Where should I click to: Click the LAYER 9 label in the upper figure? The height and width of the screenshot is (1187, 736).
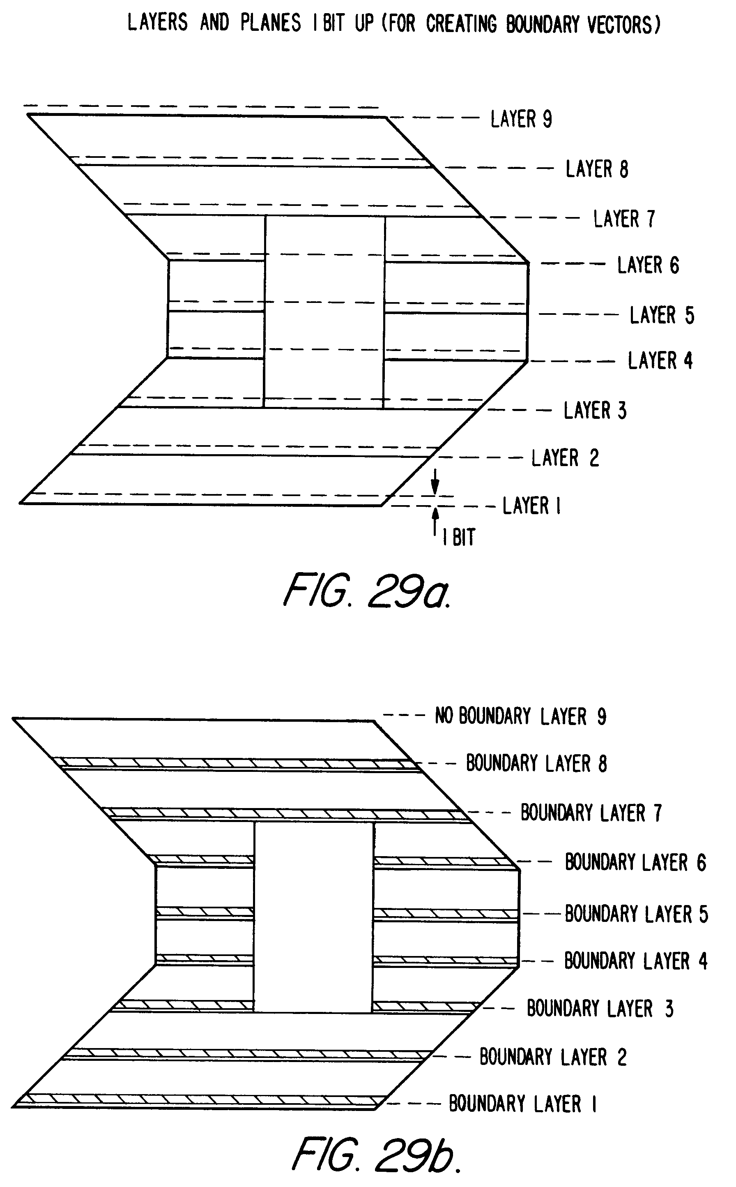pos(521,119)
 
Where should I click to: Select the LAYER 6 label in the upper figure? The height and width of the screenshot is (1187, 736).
pos(648,266)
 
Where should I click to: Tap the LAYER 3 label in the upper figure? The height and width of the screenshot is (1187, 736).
pos(595,411)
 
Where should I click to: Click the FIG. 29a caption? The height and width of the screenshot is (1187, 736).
pos(366,590)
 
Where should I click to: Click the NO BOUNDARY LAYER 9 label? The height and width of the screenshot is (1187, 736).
pos(520,716)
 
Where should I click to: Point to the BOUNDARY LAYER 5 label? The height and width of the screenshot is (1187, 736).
pos(636,914)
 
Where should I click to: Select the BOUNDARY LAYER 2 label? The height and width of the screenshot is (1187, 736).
pos(553,1057)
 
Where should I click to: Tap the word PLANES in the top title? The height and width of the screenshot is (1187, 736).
pos(271,23)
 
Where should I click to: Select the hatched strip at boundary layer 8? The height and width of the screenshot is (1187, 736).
pos(234,763)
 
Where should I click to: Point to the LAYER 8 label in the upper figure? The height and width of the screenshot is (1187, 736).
pos(597,169)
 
